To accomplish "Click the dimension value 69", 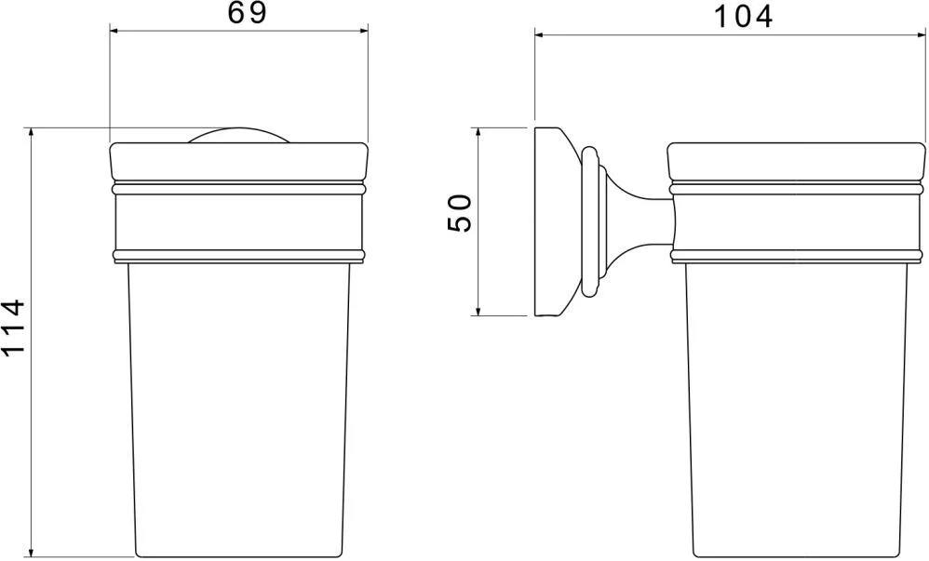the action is [x=248, y=13].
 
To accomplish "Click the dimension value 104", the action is [x=743, y=17].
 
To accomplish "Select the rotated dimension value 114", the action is [x=13, y=327].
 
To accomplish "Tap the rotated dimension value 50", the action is [x=459, y=213].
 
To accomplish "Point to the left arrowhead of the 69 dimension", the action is [x=114, y=31].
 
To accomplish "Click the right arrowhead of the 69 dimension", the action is [x=363, y=31].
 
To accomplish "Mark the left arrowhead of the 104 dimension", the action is [x=540, y=35].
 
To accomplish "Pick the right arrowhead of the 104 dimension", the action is [x=920, y=35].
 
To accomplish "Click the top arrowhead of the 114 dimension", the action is [x=31, y=133].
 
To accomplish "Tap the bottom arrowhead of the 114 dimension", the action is [x=31, y=552].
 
